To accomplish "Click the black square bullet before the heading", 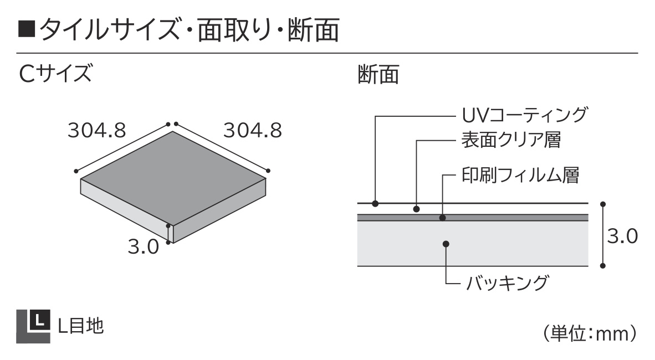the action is pyautogui.click(x=26, y=30).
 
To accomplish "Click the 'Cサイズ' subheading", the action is pyautogui.click(x=55, y=73).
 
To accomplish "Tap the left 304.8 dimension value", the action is pyautogui.click(x=97, y=130).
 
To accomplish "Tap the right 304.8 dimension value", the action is pyautogui.click(x=253, y=130).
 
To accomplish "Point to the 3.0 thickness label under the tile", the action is pyautogui.click(x=144, y=247).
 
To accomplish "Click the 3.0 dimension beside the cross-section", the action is pyautogui.click(x=622, y=236).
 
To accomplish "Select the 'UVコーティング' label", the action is pyautogui.click(x=525, y=115).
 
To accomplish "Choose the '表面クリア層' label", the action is pyautogui.click(x=511, y=140).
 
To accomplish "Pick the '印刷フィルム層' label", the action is pyautogui.click(x=520, y=175).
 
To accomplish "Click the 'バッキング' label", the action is pyautogui.click(x=506, y=282).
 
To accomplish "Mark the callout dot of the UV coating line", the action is pyautogui.click(x=375, y=203).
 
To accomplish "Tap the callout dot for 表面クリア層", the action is pyautogui.click(x=417, y=209).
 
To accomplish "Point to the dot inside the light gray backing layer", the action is pyautogui.click(x=446, y=244).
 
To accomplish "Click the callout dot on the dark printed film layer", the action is pyautogui.click(x=443, y=218).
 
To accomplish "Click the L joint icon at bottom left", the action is pyautogui.click(x=33, y=326).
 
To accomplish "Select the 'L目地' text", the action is pyautogui.click(x=80, y=326).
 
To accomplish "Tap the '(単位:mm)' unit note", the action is pyautogui.click(x=590, y=333).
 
